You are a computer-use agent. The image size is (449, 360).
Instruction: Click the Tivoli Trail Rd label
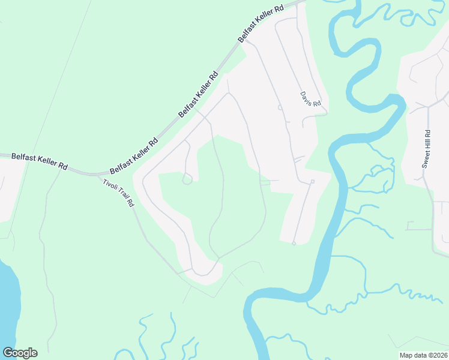118,193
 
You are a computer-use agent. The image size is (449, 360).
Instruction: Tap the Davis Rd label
311,99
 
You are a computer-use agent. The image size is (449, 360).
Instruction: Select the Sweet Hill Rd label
426,149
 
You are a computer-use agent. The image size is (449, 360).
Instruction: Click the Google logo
20,353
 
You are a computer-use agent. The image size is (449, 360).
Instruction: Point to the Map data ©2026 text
424,355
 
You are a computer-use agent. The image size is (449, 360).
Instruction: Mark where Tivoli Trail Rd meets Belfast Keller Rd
96,175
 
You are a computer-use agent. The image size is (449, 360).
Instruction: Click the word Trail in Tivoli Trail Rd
118,193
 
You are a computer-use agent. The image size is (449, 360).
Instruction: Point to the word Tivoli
109,184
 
